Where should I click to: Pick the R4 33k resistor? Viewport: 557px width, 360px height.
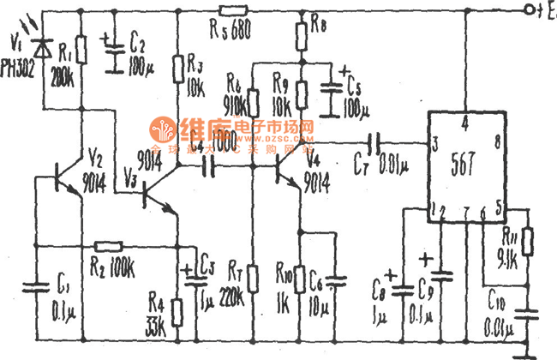[178, 310]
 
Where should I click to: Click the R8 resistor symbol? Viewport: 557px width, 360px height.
[301, 36]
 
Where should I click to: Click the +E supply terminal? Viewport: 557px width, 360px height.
[539, 10]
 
